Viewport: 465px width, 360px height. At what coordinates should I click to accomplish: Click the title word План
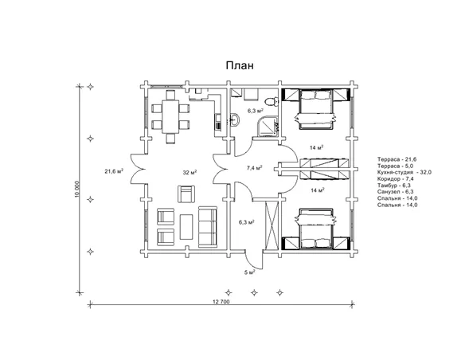coord(240,65)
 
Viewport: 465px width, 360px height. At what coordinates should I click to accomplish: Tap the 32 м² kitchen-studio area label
coord(190,172)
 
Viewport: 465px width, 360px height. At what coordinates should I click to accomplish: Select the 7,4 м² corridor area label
coord(255,168)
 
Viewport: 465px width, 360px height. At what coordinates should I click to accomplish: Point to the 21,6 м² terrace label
coord(114,171)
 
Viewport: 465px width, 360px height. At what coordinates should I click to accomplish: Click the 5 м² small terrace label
coord(250,272)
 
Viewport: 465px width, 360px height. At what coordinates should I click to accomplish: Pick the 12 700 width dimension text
coord(221,302)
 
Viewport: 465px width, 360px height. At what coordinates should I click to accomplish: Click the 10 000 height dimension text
coord(77,189)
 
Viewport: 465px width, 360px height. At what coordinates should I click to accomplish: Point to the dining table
coord(170,117)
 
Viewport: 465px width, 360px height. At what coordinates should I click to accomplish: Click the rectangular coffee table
coord(186,227)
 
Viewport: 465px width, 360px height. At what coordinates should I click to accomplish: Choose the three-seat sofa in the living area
coord(208,227)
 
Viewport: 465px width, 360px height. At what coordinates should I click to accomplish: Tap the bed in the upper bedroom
coord(315,109)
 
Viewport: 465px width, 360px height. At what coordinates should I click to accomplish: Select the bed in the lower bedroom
coord(315,229)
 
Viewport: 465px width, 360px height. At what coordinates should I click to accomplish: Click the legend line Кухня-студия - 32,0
coord(404,172)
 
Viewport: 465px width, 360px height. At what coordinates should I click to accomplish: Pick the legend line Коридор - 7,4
coord(396,179)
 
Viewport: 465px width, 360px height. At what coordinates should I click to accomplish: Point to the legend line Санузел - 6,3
coord(396,192)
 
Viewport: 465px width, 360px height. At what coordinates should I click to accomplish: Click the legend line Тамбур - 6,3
coord(394,186)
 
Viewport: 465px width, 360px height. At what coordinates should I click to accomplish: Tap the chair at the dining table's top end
coord(170,95)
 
